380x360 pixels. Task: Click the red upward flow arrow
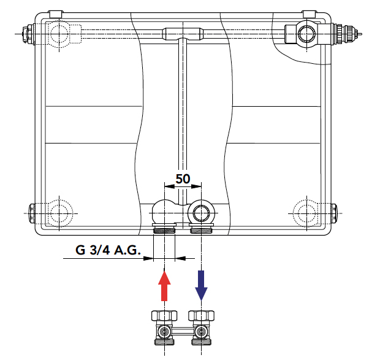(x=164, y=286)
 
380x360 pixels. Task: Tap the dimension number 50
(x=183, y=179)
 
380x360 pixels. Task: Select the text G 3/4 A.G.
(x=108, y=250)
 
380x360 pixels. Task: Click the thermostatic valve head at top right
(x=347, y=34)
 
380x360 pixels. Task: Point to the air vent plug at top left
(x=27, y=34)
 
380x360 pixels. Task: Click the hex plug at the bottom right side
(x=333, y=213)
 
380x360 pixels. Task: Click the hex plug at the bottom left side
(x=32, y=213)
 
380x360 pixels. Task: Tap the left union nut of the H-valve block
(x=164, y=316)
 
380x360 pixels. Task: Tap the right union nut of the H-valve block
(x=201, y=316)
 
